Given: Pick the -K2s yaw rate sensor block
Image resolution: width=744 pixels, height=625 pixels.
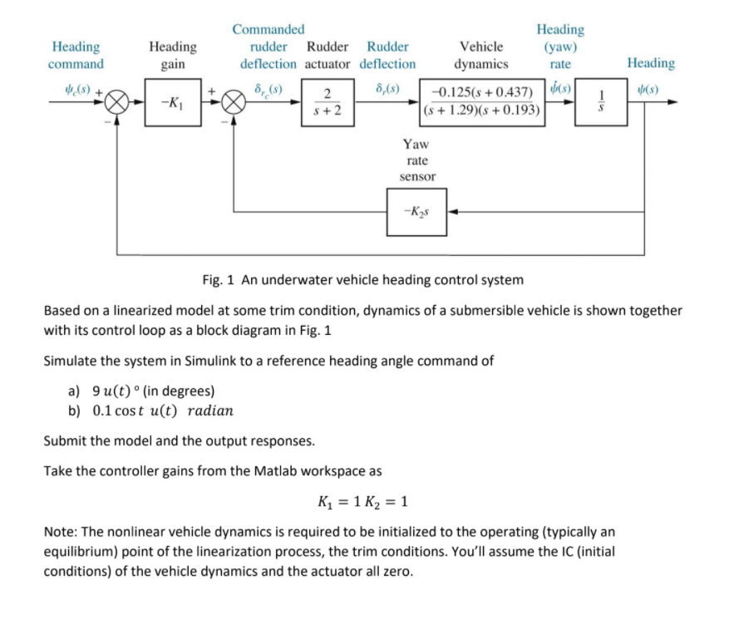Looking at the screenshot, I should point(416,212).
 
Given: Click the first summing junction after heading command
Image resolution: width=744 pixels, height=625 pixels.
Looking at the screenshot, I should point(117,103).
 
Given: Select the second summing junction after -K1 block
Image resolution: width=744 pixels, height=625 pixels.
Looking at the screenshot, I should point(234,103).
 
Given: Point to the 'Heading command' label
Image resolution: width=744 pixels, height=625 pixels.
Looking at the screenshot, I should point(76,56).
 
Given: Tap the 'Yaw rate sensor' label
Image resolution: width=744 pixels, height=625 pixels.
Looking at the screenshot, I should point(417,160).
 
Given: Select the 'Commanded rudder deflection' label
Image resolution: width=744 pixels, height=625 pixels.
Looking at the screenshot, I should point(268,47).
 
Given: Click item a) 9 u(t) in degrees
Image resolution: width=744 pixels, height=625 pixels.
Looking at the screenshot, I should point(141,391).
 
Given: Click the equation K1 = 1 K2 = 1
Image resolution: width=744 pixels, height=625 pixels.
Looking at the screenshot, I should point(362,502).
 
